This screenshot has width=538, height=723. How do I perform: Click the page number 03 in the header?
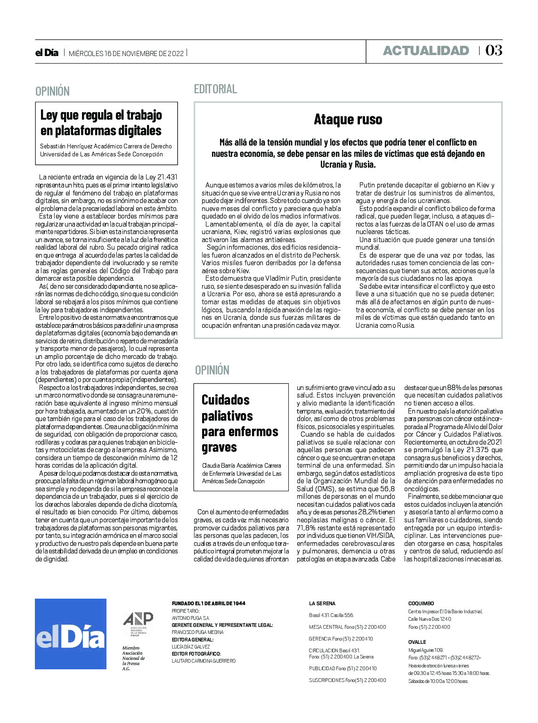pos(494,50)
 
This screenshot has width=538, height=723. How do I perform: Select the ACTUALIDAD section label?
pos(426,51)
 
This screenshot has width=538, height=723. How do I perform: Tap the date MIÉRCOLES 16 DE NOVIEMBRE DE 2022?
pos(126,53)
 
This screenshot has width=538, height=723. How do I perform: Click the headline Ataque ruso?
pos(348,119)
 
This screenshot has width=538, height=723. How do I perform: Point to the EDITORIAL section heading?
pos(215,89)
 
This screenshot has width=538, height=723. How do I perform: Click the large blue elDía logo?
pos(71,634)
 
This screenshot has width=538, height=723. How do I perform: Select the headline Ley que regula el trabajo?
pos(101,115)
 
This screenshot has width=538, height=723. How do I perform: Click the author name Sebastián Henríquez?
pos(69,146)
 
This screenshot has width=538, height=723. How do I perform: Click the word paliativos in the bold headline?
pos(227,416)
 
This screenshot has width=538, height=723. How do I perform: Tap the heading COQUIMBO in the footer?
pos(421,603)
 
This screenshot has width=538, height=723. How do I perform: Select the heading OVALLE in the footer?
pos(417,642)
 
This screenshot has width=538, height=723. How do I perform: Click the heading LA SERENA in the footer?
pos(322,603)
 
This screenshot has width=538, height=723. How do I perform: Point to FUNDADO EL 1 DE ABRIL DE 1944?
pos(208,603)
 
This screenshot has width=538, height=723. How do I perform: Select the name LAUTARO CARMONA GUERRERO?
pos(204,661)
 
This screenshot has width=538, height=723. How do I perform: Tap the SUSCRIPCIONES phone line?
pos(347,680)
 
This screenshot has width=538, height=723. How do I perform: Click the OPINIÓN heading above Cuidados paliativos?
pos(212,370)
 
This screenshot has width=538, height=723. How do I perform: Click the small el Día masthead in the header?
pos(47,53)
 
